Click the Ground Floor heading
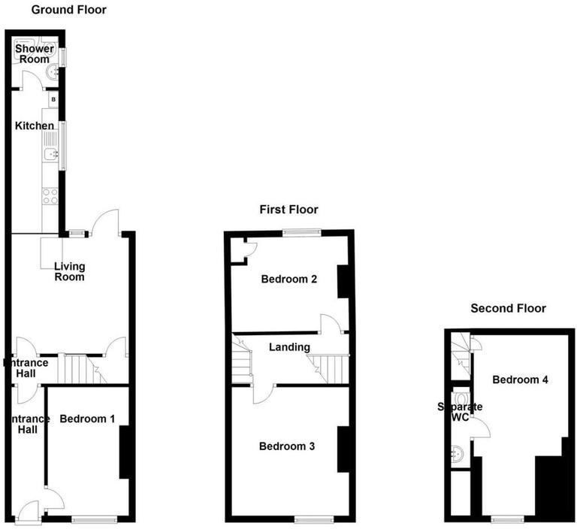[x=68, y=10]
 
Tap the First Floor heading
[x=288, y=210]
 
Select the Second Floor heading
[x=508, y=308]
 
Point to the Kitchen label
[x=35, y=125]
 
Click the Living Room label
[x=69, y=271]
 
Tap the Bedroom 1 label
[x=87, y=419]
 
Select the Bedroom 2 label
[x=288, y=280]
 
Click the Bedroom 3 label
[x=286, y=446]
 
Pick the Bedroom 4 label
[x=520, y=379]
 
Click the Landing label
[x=290, y=347]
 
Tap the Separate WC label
[x=461, y=412]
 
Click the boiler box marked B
[x=53, y=99]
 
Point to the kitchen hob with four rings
[x=50, y=197]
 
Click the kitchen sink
[x=49, y=154]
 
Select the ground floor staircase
[x=78, y=369]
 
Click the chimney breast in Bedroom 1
[x=126, y=452]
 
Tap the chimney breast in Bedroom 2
[x=344, y=282]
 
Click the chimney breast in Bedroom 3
[x=343, y=449]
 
